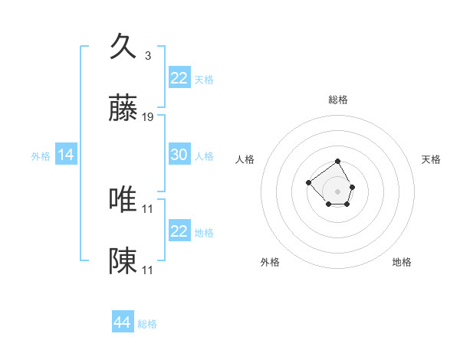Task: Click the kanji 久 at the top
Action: pyautogui.click(x=123, y=47)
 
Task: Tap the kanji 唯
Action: pyautogui.click(x=123, y=200)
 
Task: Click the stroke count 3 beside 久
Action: pyautogui.click(x=147, y=55)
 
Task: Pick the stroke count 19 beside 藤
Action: pyautogui.click(x=149, y=117)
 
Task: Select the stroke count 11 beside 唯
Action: pyautogui.click(x=149, y=208)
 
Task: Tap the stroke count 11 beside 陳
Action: pyautogui.click(x=149, y=270)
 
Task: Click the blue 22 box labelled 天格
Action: pyautogui.click(x=179, y=77)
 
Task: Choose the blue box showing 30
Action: pyautogui.click(x=179, y=155)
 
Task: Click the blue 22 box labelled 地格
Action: pyautogui.click(x=179, y=231)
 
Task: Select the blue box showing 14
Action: pyautogui.click(x=66, y=155)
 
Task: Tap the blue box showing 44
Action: pyautogui.click(x=123, y=322)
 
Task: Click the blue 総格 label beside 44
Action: pyautogui.click(x=147, y=324)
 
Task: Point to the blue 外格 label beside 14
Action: pyautogui.click(x=41, y=156)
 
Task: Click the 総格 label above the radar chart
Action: pyautogui.click(x=337, y=100)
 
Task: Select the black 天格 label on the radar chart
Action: pyautogui.click(x=432, y=159)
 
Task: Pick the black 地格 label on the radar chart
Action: pyautogui.click(x=402, y=262)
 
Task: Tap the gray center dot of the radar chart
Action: pyautogui.click(x=337, y=191)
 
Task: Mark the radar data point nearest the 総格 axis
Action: pyautogui.click(x=337, y=162)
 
